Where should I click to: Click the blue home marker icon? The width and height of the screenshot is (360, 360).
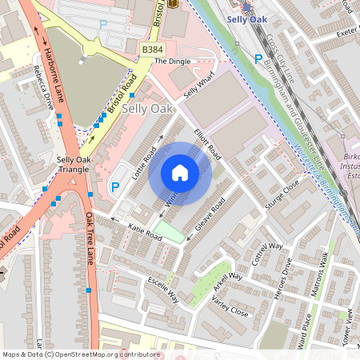[180, 173]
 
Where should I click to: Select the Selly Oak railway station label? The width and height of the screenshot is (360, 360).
[246, 18]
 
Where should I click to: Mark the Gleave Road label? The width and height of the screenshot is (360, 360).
[206, 216]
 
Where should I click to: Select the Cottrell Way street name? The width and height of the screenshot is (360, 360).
[267, 253]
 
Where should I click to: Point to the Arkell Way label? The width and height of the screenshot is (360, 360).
[227, 282]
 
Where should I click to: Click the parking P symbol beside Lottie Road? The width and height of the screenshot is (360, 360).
[114, 187]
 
